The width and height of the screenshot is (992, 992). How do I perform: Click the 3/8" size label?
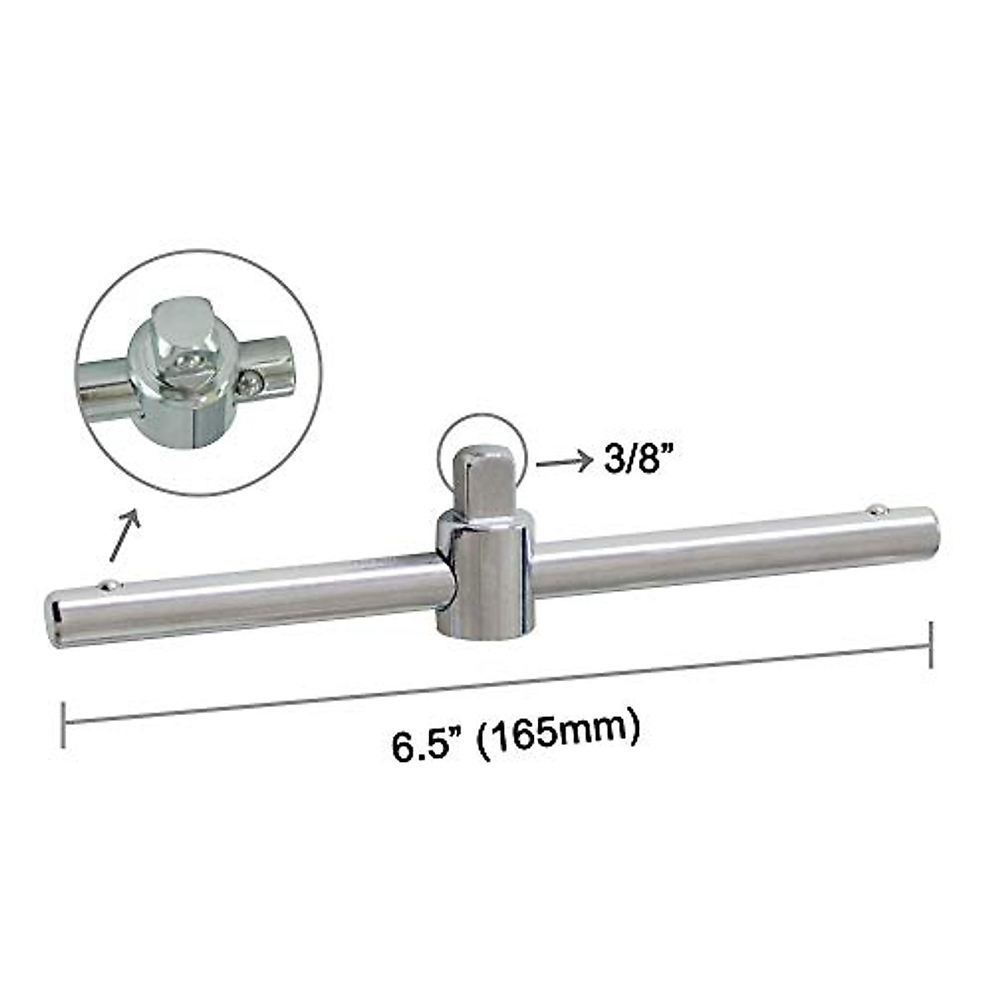[x=634, y=460]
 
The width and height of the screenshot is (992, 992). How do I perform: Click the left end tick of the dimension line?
[x=64, y=724]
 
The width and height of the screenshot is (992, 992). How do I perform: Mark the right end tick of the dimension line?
[x=932, y=644]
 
